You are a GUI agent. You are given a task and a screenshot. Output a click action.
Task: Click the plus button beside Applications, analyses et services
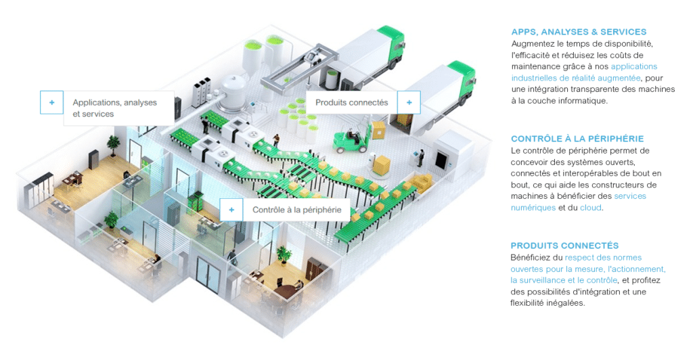click(x=51, y=102)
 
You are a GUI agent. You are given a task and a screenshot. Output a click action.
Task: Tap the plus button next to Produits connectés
click(x=409, y=102)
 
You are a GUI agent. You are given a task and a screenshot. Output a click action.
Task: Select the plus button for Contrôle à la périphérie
click(x=231, y=210)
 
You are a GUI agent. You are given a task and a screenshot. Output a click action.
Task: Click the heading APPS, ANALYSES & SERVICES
click(x=579, y=32)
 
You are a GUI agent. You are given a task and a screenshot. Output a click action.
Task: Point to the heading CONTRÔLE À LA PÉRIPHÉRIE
click(x=577, y=139)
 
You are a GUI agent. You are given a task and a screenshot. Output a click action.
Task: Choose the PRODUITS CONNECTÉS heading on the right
click(x=564, y=246)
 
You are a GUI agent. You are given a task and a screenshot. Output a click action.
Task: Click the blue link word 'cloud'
click(x=590, y=208)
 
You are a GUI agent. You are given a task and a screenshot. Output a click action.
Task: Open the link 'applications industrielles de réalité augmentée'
click(x=584, y=72)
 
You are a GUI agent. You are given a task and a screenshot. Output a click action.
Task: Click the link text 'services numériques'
click(x=579, y=202)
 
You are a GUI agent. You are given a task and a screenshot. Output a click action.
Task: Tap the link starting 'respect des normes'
click(x=588, y=269)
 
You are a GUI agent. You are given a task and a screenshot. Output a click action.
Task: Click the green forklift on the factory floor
click(x=351, y=138)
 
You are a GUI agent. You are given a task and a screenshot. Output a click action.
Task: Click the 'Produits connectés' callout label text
click(x=351, y=102)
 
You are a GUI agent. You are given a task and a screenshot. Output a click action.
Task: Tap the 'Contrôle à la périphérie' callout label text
click(x=296, y=210)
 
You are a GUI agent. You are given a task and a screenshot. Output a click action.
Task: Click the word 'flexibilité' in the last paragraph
click(x=527, y=303)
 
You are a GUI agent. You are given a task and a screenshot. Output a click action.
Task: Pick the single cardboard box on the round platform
click(x=380, y=165)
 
